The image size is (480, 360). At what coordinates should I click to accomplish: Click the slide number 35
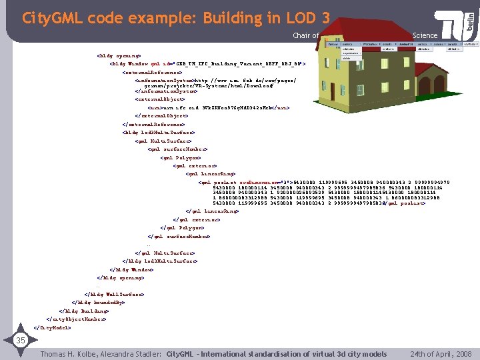20,341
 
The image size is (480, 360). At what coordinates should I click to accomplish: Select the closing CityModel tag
53,327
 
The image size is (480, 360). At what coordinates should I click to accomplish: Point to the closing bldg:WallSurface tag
114,293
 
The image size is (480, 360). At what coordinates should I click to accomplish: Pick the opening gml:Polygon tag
179,157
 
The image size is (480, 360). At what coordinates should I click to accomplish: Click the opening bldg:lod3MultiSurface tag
156,132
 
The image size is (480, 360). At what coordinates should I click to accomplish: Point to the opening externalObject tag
159,98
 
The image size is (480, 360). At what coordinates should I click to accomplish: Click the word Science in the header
425,35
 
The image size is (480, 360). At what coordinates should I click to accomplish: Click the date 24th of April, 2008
441,353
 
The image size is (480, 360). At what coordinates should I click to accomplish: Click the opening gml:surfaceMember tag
177,149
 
